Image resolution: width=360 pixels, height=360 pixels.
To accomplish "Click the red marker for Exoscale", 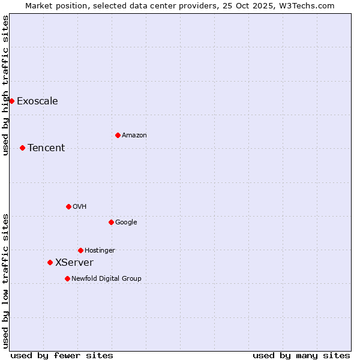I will pyautogui.click(x=11, y=101).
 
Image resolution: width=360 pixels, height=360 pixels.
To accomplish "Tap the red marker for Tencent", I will pyautogui.click(x=22, y=148).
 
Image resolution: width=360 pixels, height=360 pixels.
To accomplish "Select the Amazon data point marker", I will pyautogui.click(x=118, y=135).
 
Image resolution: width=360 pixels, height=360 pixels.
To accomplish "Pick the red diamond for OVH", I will pyautogui.click(x=68, y=206).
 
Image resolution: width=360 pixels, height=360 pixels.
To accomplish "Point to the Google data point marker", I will pyautogui.click(x=111, y=222).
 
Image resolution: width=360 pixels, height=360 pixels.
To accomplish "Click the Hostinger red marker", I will pyautogui.click(x=80, y=250).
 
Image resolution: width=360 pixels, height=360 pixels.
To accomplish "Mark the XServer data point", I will pyautogui.click(x=50, y=262).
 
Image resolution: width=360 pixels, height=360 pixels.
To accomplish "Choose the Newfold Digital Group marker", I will pyautogui.click(x=67, y=278).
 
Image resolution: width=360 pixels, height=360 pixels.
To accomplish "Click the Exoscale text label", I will pyautogui.click(x=37, y=101).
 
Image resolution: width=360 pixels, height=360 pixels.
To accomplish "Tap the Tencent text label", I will pyautogui.click(x=46, y=148).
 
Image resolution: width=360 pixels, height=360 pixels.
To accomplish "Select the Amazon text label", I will pyautogui.click(x=134, y=135).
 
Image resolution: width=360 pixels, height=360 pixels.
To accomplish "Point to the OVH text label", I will pyautogui.click(x=80, y=206).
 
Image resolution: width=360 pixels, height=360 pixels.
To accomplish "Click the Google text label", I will pyautogui.click(x=126, y=222).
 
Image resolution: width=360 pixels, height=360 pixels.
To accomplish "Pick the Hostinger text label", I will pyautogui.click(x=100, y=250).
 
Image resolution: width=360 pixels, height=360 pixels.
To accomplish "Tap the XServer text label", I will pyautogui.click(x=74, y=262).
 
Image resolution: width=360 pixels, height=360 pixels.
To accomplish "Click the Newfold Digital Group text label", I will pyautogui.click(x=106, y=278).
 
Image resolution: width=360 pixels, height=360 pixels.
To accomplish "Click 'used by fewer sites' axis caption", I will pyautogui.click(x=62, y=355).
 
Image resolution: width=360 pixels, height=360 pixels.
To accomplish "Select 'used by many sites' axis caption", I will pyautogui.click(x=301, y=355).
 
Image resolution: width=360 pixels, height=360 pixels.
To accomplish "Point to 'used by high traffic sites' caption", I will pyautogui.click(x=5, y=85).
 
